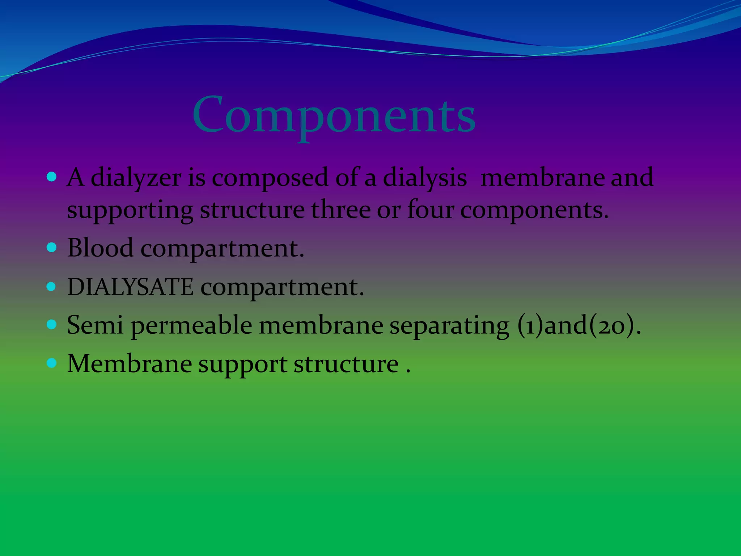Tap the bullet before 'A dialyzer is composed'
tap(52, 177)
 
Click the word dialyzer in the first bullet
tap(136, 178)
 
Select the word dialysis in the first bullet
tap(424, 178)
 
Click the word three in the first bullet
tap(340, 210)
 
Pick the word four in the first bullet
tap(430, 210)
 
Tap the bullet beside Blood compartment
tap(52, 248)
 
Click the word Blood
tap(100, 248)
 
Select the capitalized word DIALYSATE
tap(130, 287)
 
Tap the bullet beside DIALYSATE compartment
tap(52, 287)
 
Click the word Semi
tap(95, 325)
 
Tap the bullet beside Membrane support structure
tap(52, 363)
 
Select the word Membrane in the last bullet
tap(130, 363)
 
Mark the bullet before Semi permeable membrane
tap(52, 324)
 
